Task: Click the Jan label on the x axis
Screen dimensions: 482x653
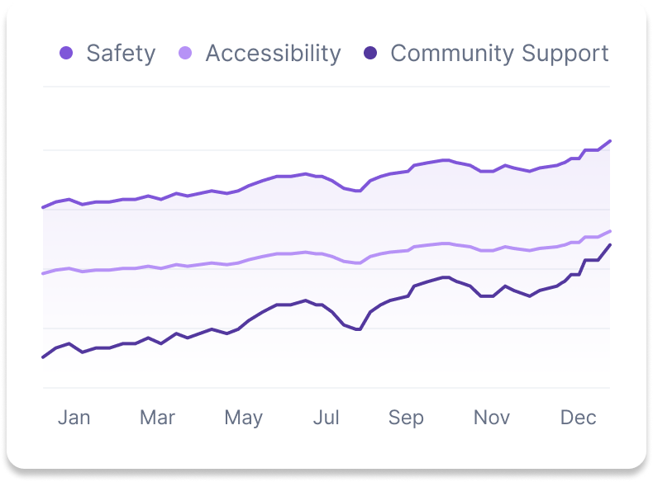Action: click(x=74, y=418)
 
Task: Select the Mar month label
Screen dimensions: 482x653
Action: click(x=157, y=418)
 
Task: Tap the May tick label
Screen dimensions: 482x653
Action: click(x=243, y=418)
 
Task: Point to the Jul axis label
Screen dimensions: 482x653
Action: click(x=326, y=418)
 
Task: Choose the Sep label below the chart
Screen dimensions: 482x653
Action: click(x=406, y=418)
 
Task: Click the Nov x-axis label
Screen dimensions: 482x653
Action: click(x=492, y=418)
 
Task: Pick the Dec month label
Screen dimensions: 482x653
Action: click(x=578, y=418)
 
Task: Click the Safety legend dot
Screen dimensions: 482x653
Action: click(x=66, y=54)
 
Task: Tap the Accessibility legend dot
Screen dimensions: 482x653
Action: click(x=186, y=54)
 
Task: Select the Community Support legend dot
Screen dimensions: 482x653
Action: click(x=371, y=54)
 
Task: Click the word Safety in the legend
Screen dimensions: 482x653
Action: click(x=121, y=54)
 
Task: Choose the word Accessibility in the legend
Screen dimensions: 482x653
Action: click(x=273, y=54)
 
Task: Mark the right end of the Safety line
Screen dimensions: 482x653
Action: click(x=610, y=141)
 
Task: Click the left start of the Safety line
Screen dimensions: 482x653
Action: click(x=43, y=207)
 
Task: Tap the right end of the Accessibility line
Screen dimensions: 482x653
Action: click(x=610, y=231)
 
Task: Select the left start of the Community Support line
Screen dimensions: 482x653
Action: click(x=43, y=357)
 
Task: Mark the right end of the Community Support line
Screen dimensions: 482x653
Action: click(x=610, y=245)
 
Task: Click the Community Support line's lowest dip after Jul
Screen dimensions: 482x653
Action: click(x=359, y=329)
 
